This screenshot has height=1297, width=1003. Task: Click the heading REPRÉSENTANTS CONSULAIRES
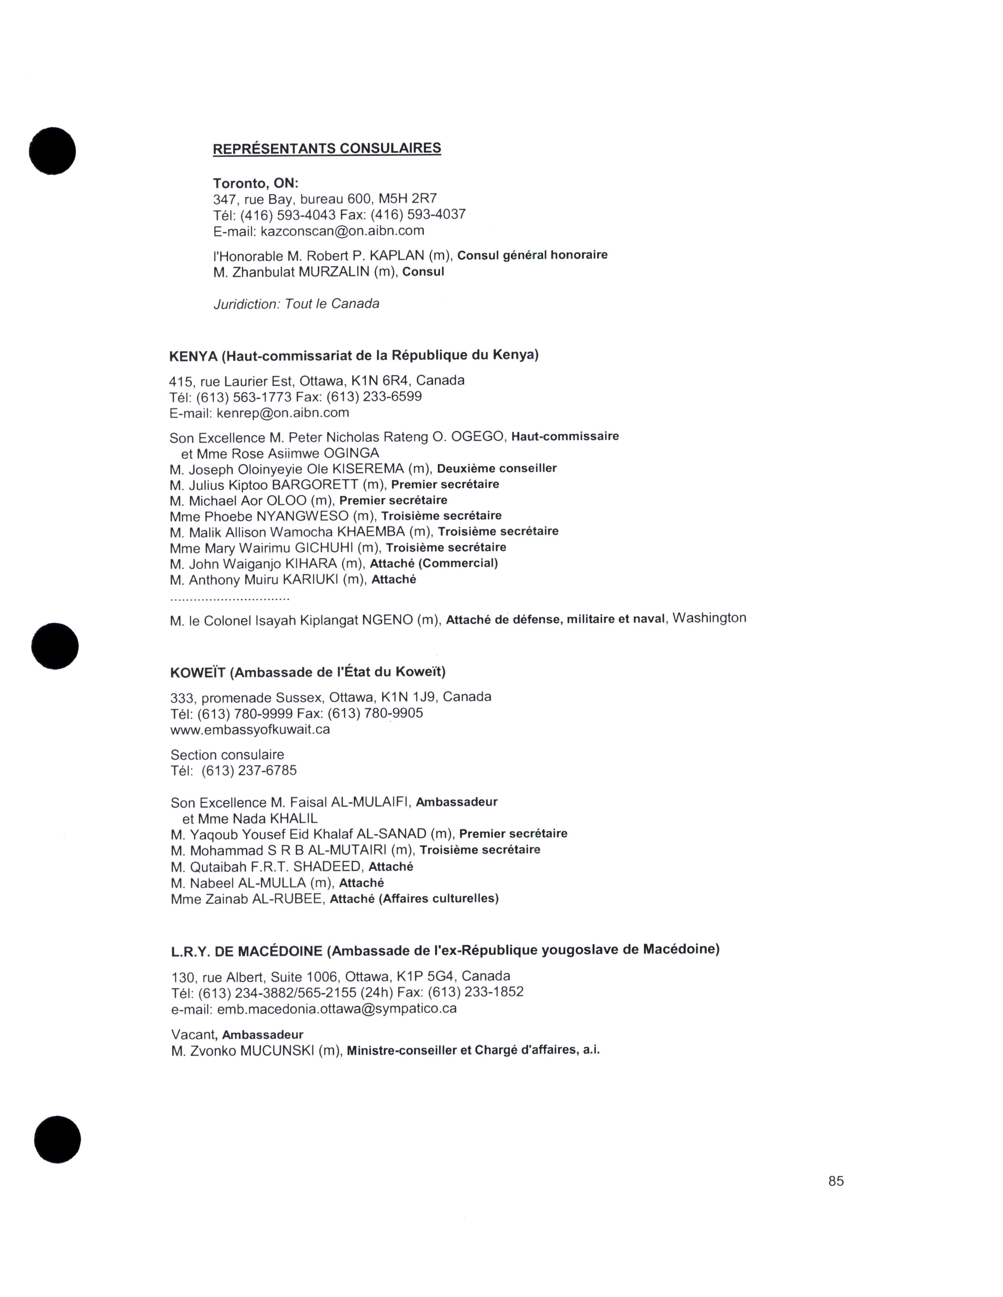[327, 149]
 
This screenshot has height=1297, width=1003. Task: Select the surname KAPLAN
[397, 256]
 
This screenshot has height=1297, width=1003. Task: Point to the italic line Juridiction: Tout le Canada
[296, 304]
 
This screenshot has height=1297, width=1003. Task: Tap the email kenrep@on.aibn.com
[283, 413]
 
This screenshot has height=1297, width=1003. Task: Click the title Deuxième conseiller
[497, 468]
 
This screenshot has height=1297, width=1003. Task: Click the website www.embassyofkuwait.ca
[250, 729]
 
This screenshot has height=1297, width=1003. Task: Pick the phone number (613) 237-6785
[249, 771]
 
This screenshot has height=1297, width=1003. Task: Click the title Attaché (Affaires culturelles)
[414, 898]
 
